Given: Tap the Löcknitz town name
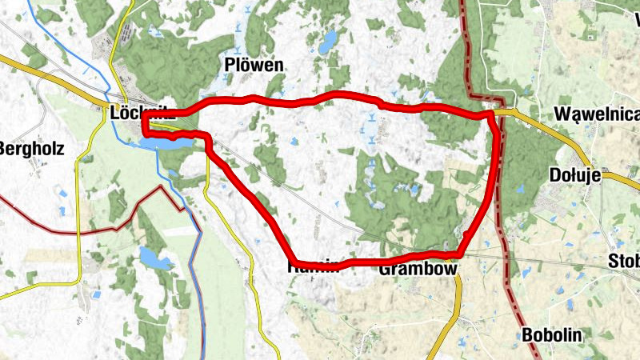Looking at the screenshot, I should click(x=142, y=113).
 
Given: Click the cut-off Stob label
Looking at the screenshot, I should click(x=624, y=261).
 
